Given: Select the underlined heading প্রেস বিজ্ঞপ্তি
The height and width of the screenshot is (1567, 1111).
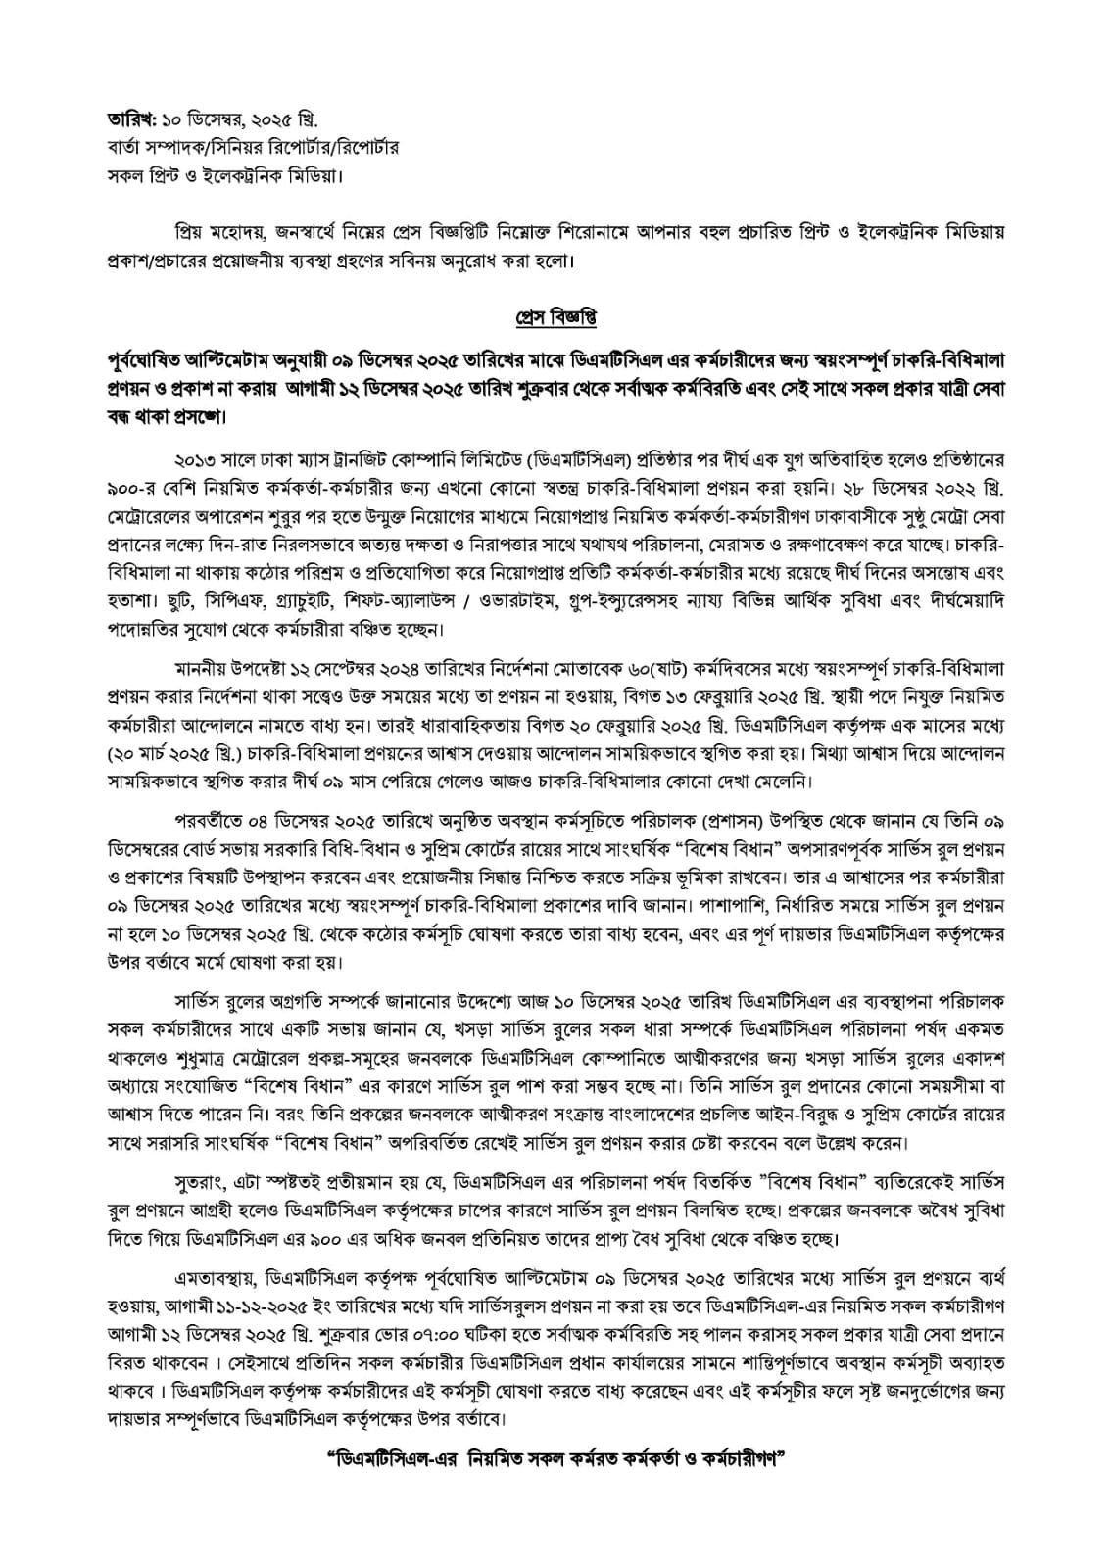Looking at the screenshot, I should click(555, 319).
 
